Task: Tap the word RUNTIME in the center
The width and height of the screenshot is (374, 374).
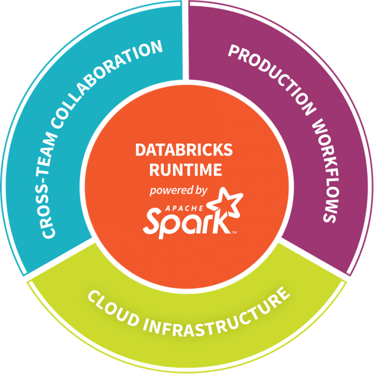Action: coord(186,169)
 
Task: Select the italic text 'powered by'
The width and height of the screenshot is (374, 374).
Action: coord(179,190)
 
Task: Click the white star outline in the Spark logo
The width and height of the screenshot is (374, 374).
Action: coord(224,203)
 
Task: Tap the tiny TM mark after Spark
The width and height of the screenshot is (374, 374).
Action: coord(234,233)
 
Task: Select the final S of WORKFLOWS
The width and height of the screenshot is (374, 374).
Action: coord(330,215)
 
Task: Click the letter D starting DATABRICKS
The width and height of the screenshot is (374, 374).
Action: coord(140,150)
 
